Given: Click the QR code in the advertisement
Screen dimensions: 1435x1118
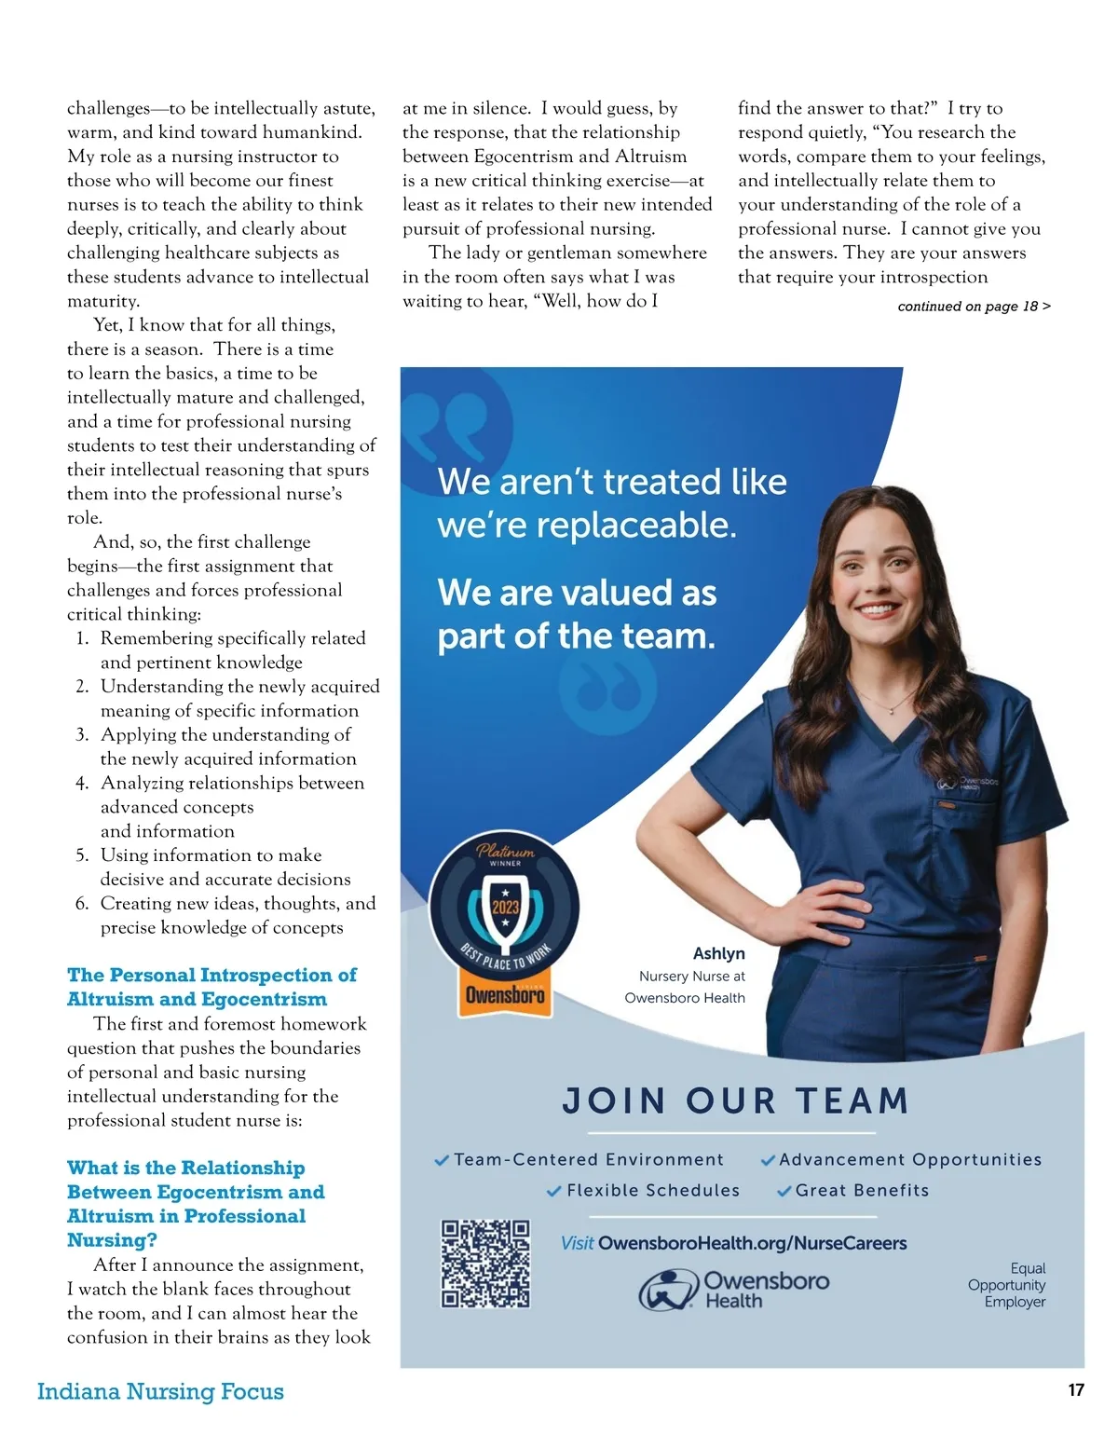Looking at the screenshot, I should point(485,1264).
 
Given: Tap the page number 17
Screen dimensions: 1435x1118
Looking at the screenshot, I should point(1076,1390).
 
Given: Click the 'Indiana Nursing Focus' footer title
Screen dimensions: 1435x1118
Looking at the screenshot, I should point(160,1391).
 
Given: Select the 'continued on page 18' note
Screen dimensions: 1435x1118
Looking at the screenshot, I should point(974,307).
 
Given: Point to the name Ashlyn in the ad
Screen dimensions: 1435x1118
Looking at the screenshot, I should point(718,953).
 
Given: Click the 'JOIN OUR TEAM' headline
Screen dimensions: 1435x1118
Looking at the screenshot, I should point(735,1101).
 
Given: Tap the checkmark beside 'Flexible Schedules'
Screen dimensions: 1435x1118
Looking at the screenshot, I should point(554,1191).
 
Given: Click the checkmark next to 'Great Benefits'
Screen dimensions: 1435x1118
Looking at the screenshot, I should point(784,1191).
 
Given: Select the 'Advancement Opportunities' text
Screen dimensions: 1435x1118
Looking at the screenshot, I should point(910,1160).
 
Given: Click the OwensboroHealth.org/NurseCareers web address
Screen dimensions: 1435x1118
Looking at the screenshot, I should point(752,1243).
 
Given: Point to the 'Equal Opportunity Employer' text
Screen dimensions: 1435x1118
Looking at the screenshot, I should point(1008,1285).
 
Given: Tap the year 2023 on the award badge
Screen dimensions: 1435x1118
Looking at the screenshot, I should point(505,907).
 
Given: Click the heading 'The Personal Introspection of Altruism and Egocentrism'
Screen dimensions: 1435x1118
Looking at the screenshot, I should point(211,987).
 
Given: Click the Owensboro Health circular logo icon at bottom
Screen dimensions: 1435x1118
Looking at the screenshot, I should point(668,1290).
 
